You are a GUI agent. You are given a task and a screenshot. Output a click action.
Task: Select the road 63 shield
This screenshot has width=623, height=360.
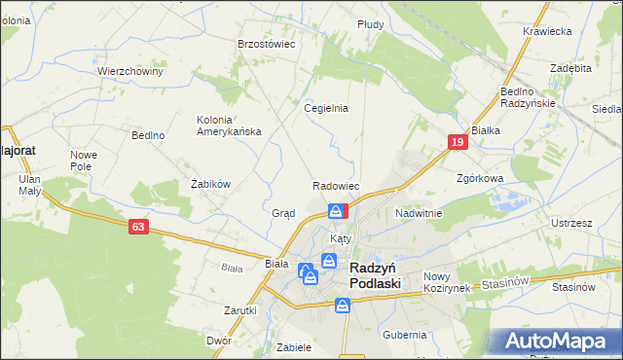coord(139,226)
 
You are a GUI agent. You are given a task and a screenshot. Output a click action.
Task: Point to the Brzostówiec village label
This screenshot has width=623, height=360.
coord(267,44)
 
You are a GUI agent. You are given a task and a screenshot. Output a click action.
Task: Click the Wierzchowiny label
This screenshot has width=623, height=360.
coord(128,71)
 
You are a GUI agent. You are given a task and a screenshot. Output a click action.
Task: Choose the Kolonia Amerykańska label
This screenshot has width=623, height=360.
coord(229,126)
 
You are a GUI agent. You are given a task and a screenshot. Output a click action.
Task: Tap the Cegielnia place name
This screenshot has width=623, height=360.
coord(326,108)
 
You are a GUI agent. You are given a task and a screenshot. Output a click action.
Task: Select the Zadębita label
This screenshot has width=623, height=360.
coord(570,69)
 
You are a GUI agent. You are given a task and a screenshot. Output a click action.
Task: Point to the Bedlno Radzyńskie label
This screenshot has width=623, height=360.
coord(528,97)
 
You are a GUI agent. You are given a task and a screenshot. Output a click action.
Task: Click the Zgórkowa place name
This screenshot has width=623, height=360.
coord(480,179)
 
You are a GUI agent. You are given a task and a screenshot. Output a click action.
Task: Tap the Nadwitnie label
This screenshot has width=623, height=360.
coord(419,212)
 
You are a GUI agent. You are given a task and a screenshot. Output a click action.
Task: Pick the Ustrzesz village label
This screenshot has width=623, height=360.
coord(571,223)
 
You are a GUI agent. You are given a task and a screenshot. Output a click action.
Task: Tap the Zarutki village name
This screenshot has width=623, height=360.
coord(239,310)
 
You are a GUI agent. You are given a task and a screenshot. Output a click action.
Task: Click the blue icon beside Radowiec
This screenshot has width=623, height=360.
coord(336,210)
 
